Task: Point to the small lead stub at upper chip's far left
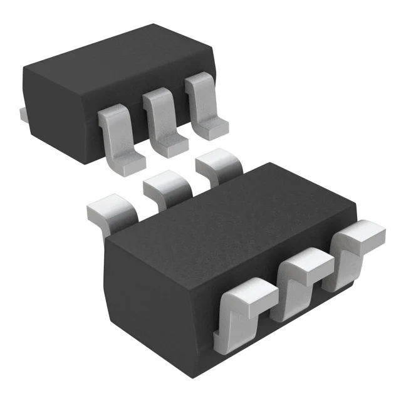click(22, 114)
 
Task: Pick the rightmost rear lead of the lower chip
click(219, 167)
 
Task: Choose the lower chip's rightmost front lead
click(360, 241)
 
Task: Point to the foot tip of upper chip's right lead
click(212, 128)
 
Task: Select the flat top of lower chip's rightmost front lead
click(363, 235)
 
